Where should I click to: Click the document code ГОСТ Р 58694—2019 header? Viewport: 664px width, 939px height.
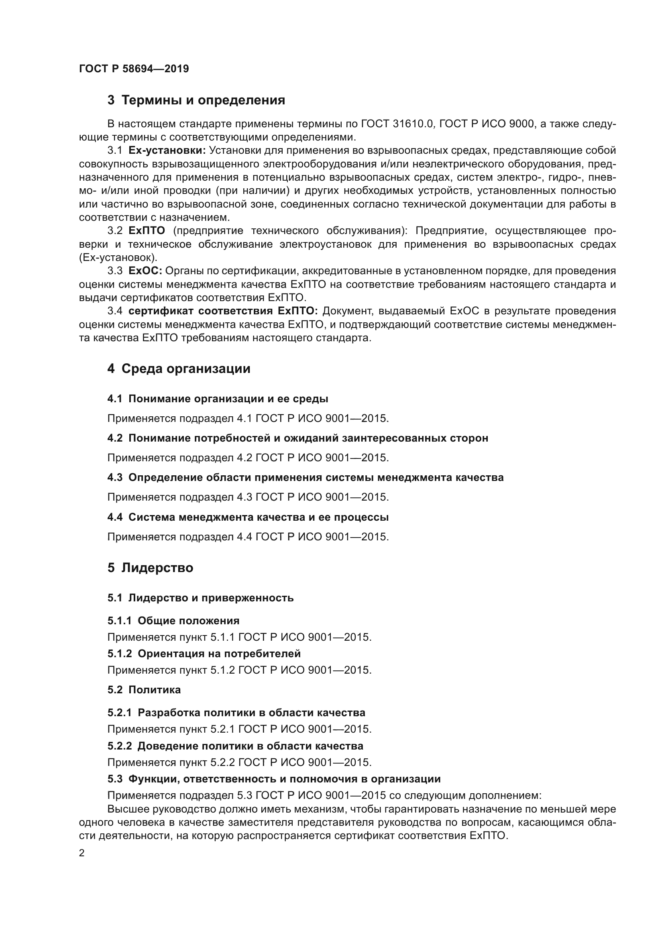click(134, 69)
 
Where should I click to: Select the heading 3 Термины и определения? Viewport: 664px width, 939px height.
click(196, 100)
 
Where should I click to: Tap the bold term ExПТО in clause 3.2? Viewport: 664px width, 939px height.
click(147, 231)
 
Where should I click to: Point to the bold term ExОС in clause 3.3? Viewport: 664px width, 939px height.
click(146, 271)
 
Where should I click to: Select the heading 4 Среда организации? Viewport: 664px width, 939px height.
click(179, 369)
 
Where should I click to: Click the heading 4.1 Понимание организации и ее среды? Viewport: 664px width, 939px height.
click(218, 399)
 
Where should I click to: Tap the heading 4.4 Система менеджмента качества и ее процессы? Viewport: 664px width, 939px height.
click(248, 517)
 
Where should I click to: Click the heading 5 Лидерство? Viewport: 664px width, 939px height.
click(150, 568)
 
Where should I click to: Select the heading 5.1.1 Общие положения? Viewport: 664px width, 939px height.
click(173, 621)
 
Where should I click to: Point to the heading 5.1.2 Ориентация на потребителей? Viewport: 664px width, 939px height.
click(204, 654)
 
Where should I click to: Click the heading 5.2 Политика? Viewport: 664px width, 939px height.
click(144, 690)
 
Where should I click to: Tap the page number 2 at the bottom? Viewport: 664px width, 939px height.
click(82, 853)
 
